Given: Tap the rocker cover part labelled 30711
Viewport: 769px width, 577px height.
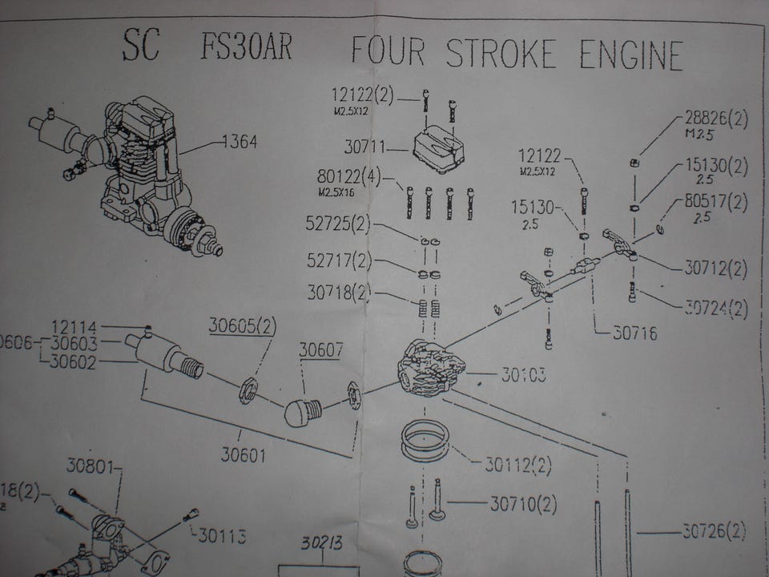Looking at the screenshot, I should [439, 149].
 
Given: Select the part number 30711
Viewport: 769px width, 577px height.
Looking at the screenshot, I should [365, 147].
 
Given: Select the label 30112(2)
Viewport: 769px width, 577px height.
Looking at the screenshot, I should [518, 464].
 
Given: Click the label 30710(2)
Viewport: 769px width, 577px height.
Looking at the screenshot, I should [523, 504].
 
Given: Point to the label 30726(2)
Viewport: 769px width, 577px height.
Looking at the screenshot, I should [714, 530].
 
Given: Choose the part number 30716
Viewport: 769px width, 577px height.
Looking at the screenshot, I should [634, 333].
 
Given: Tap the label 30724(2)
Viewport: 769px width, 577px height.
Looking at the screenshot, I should [715, 308].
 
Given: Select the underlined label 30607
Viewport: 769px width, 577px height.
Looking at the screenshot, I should [322, 351].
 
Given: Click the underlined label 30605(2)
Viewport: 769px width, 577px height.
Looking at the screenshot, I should [243, 325].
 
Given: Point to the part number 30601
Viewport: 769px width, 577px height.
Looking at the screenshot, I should [244, 456].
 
